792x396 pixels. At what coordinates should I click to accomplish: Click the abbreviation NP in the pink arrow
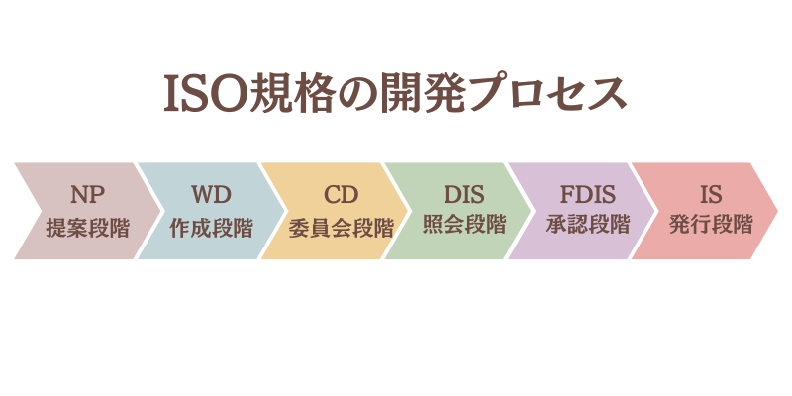pos(87,193)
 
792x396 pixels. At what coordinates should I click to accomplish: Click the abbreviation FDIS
pos(588,193)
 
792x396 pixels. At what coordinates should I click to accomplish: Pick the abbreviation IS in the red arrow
pos(711,193)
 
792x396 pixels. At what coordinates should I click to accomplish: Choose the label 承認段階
pos(588,226)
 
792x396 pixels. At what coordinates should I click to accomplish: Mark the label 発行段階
pos(711,226)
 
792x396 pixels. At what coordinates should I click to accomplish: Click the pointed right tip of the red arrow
pos(776,210)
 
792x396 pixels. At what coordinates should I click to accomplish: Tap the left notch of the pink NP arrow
pos(38,210)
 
